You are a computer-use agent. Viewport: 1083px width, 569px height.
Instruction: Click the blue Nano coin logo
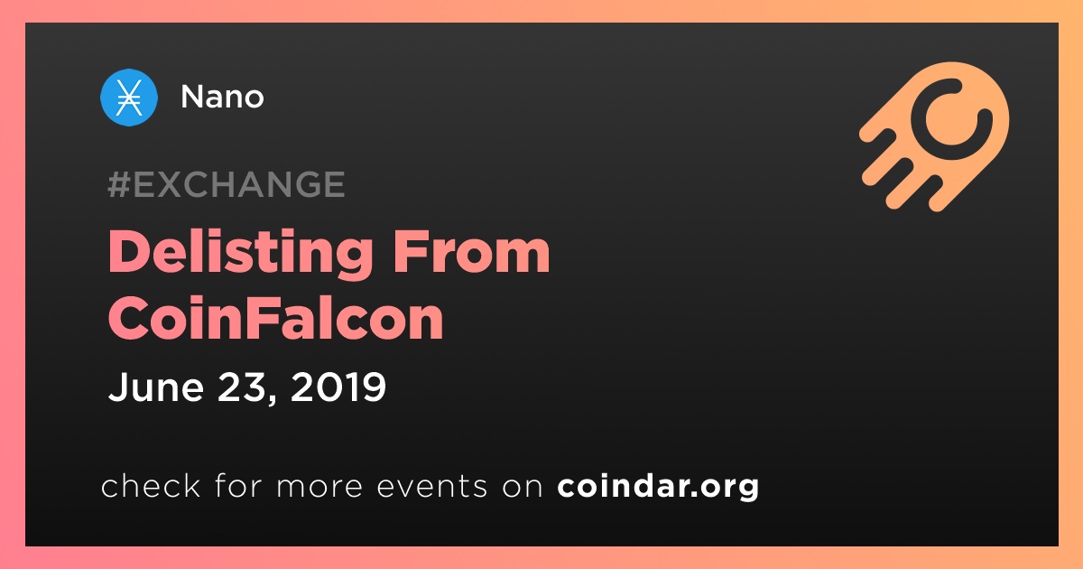tap(128, 98)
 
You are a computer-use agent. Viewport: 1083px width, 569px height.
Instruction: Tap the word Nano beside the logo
tap(222, 97)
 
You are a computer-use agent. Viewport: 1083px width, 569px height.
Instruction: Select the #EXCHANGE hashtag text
tap(227, 184)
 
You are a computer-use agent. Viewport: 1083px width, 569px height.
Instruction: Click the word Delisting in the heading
tap(241, 254)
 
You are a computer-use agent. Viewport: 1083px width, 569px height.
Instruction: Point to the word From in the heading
tap(471, 252)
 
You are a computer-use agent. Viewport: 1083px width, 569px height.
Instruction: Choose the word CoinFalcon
tap(275, 318)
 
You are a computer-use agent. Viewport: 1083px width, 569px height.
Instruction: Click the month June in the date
tap(155, 387)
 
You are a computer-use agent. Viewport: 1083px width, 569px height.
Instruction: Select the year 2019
tap(338, 387)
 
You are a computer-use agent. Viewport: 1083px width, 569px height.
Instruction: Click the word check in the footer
tap(151, 485)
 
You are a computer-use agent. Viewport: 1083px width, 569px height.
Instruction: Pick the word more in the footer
tap(319, 486)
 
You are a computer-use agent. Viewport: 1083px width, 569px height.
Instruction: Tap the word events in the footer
tap(431, 486)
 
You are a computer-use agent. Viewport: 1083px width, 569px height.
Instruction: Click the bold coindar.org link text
tap(658, 486)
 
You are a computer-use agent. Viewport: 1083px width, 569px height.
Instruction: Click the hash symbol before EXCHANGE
tap(118, 184)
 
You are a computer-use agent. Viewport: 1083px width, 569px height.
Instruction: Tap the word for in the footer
tap(238, 485)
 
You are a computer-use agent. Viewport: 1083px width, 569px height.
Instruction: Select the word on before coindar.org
tap(523, 486)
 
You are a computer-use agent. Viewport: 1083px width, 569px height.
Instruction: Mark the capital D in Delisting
tap(127, 252)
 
